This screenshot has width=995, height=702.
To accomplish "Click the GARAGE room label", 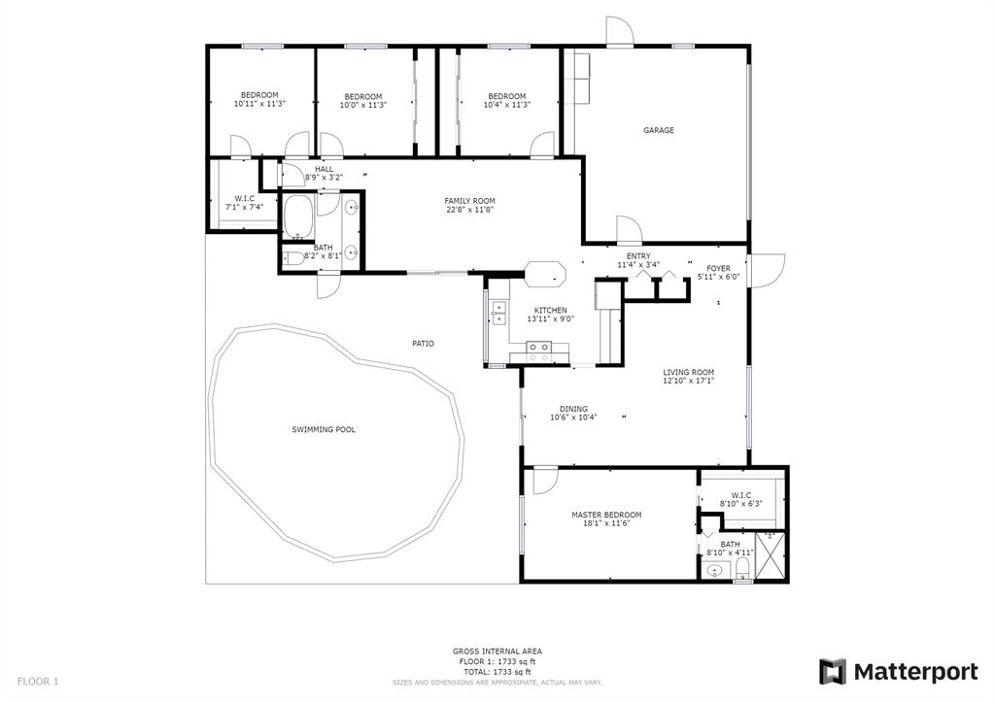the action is click(x=659, y=130).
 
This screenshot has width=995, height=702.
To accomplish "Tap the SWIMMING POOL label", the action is click(x=324, y=429).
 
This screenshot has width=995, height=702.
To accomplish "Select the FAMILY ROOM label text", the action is click(x=469, y=201).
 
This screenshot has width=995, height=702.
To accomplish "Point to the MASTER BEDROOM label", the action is click(x=606, y=515).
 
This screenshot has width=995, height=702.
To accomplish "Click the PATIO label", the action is click(x=424, y=343).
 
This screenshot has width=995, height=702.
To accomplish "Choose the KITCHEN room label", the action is click(x=551, y=310).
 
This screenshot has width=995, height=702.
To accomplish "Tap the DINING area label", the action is click(x=573, y=409).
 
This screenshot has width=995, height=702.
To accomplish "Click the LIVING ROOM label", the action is click(x=689, y=372).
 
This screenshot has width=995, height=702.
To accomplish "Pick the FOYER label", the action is click(x=718, y=268).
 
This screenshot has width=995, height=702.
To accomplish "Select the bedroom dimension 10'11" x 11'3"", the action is click(x=259, y=103).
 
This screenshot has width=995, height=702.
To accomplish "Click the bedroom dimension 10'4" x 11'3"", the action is click(x=507, y=105).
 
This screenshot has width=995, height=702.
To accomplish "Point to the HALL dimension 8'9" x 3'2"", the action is click(x=324, y=178).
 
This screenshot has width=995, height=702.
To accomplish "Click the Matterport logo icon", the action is click(x=833, y=672).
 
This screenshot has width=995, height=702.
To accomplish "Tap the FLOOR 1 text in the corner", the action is click(x=38, y=682).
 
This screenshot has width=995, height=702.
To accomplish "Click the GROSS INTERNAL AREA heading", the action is click(x=497, y=652).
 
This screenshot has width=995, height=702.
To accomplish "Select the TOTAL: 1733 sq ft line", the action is click(x=497, y=672).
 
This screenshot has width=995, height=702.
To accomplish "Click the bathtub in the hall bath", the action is click(x=297, y=217).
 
